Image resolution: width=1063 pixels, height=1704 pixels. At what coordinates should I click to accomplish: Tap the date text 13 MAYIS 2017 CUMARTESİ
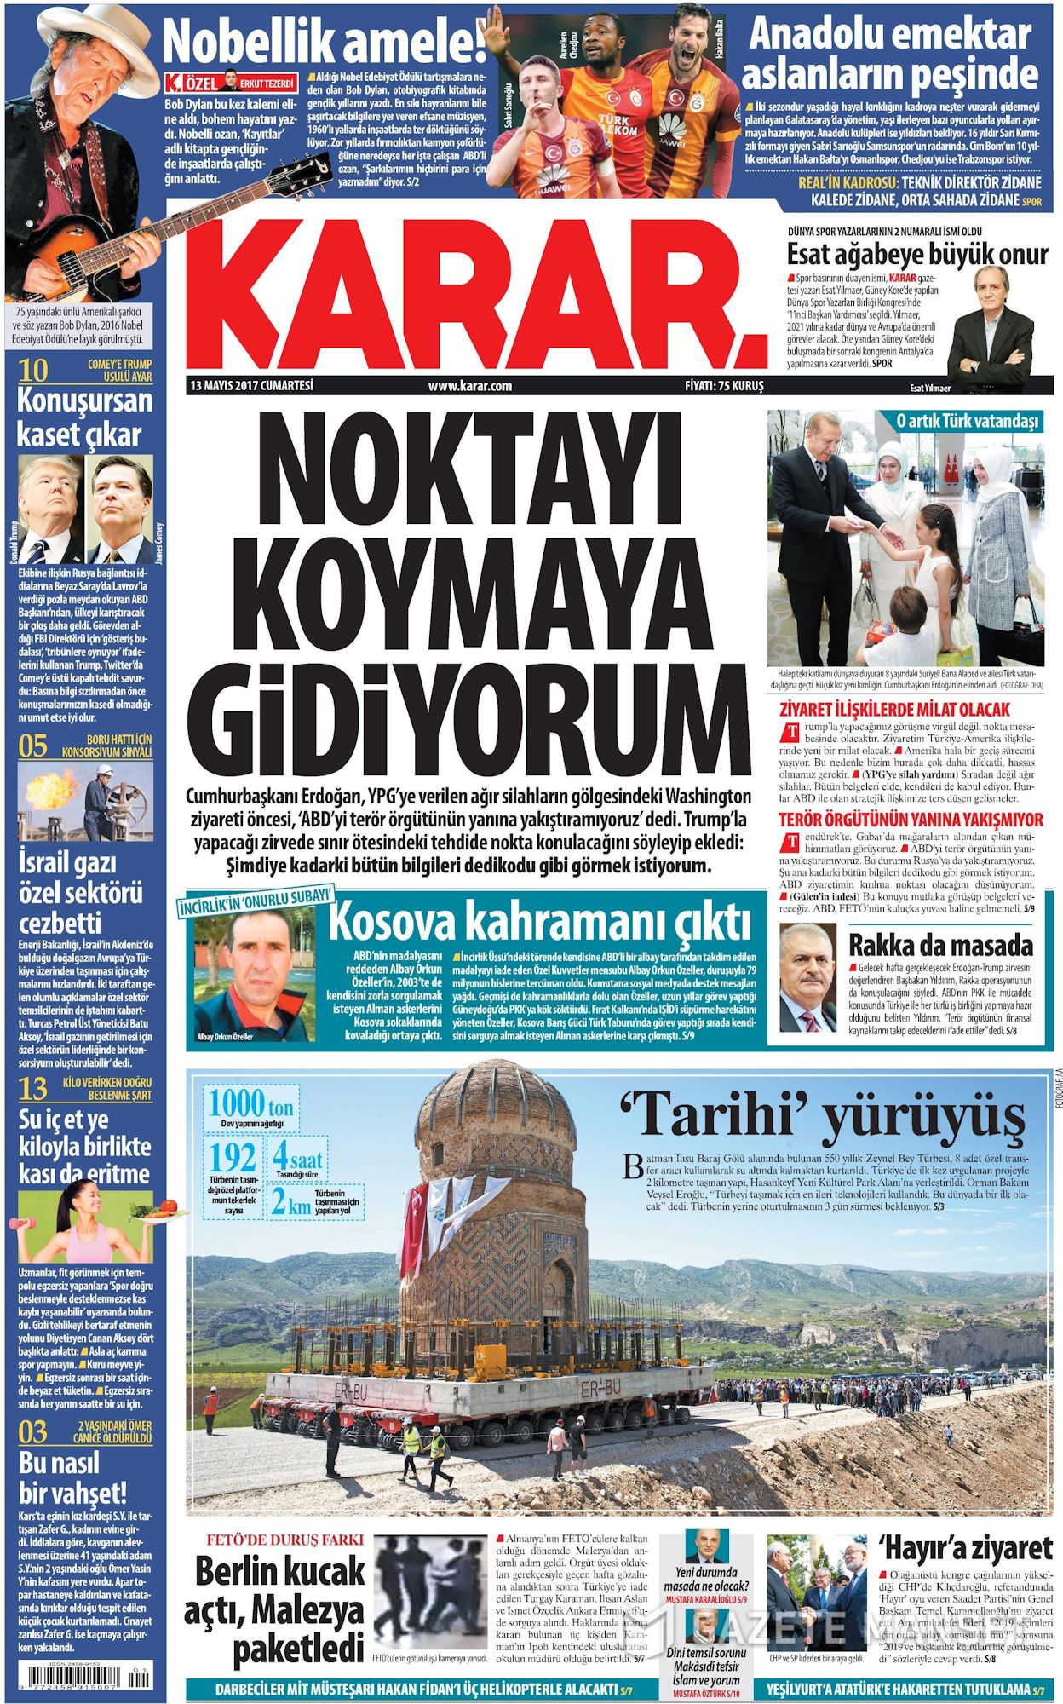click(x=253, y=385)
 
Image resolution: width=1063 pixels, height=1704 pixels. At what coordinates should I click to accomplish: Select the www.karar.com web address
click(x=470, y=385)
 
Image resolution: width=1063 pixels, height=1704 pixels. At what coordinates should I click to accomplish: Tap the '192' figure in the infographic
click(x=233, y=1157)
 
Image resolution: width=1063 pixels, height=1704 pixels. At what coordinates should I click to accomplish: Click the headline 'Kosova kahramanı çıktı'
click(x=540, y=922)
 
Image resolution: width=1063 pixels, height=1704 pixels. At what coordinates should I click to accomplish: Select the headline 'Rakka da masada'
click(x=940, y=944)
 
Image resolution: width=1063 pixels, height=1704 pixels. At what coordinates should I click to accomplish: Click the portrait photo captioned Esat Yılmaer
click(x=990, y=325)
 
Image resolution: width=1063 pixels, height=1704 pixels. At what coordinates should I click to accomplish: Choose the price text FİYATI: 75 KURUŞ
click(x=725, y=385)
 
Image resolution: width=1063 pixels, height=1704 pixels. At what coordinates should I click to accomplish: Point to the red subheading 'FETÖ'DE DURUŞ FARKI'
click(x=285, y=1540)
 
